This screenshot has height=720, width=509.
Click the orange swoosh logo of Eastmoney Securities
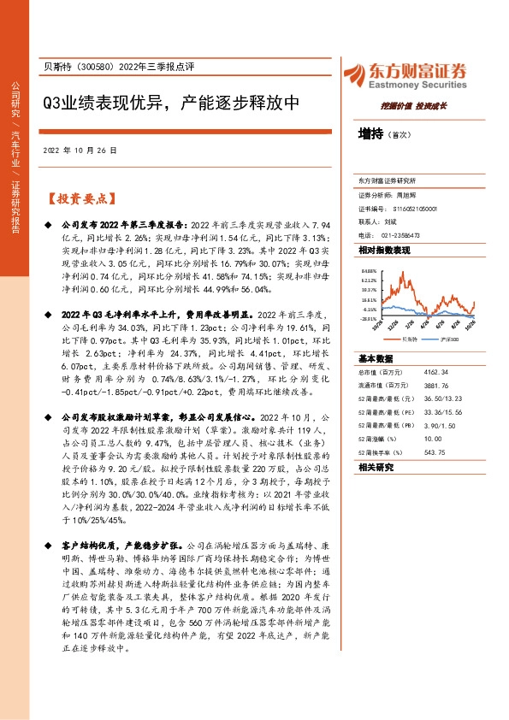(353, 71)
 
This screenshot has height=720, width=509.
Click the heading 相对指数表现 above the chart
(384, 250)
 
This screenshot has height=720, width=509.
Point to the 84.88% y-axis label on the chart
(369, 270)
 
